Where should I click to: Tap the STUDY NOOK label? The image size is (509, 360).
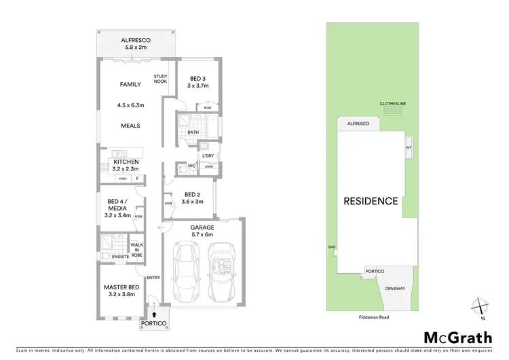coord(160,79)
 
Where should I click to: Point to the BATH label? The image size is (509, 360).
coord(193,132)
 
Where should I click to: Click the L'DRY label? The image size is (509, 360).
coord(208,156)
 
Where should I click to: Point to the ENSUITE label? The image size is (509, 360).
coord(111,256)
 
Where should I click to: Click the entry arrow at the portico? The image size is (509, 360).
coord(154,313)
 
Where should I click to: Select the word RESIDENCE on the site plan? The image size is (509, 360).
coord(370,201)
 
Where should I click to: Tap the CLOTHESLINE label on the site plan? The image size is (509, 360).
coord(392,104)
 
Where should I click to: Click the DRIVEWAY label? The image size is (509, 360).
coord(395,288)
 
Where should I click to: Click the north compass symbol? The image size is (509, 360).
coord(480,309)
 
